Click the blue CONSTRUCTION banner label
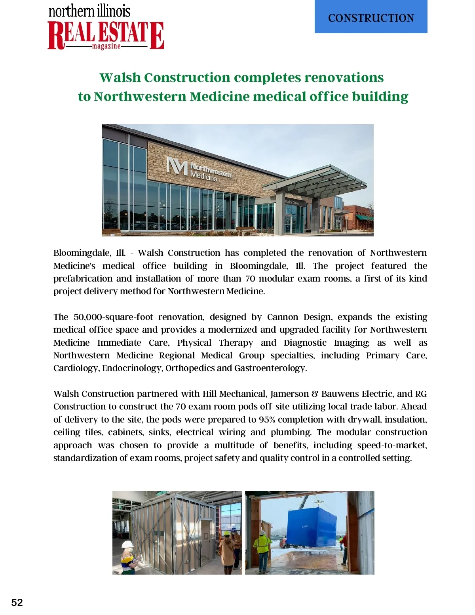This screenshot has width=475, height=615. [x=371, y=18]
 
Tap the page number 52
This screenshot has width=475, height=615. [x=17, y=602]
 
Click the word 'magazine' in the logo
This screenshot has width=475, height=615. [x=106, y=46]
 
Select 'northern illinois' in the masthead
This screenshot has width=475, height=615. [x=89, y=11]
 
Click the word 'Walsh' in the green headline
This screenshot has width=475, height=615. [x=120, y=77]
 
